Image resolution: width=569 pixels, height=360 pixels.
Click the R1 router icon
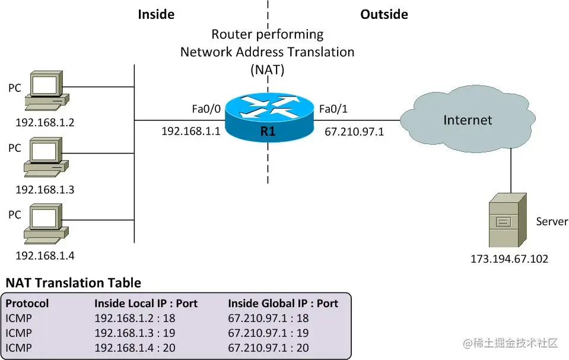click(269, 117)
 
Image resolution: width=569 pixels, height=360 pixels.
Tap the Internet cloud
click(468, 119)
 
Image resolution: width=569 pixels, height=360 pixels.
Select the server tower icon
click(508, 220)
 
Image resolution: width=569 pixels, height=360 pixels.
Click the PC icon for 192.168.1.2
click(47, 90)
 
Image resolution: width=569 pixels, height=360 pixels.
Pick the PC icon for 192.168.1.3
click(46, 157)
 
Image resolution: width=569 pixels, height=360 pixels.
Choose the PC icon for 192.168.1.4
click(46, 224)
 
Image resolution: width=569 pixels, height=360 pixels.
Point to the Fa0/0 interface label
click(206, 109)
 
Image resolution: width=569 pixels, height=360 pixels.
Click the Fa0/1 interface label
click(333, 109)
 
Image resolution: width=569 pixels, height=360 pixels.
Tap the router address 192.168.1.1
click(191, 131)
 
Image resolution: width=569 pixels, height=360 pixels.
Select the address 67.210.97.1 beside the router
click(354, 132)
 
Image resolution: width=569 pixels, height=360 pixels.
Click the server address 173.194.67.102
click(509, 259)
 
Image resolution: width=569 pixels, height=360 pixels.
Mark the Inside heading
click(156, 14)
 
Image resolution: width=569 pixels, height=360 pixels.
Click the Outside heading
click(384, 14)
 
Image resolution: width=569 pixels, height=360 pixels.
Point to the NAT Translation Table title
click(74, 283)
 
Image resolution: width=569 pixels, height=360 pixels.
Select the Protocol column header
click(27, 304)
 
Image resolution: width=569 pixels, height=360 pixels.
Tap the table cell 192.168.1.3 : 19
click(135, 333)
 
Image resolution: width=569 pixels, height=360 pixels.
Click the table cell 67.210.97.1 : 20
click(269, 348)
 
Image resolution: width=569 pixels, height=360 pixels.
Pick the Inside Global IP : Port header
click(283, 304)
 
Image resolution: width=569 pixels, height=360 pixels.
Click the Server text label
click(552, 221)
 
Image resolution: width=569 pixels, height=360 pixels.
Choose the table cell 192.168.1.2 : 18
click(135, 318)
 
